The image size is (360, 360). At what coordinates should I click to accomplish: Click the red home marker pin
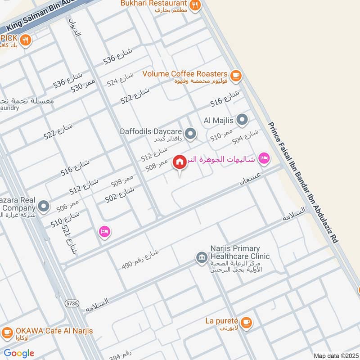(180, 162)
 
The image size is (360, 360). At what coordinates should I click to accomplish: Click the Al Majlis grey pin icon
(242, 120)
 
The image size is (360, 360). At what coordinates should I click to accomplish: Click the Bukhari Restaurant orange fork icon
(195, 5)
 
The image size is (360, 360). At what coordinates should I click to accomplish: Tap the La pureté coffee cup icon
(246, 322)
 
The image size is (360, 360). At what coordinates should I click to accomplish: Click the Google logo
(19, 353)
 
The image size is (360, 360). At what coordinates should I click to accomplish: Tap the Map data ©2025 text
(335, 355)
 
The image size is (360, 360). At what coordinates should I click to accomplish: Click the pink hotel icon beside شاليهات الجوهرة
(264, 158)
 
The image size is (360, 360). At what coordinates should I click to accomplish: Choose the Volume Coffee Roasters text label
(185, 73)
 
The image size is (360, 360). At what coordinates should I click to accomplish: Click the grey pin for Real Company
(44, 207)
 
